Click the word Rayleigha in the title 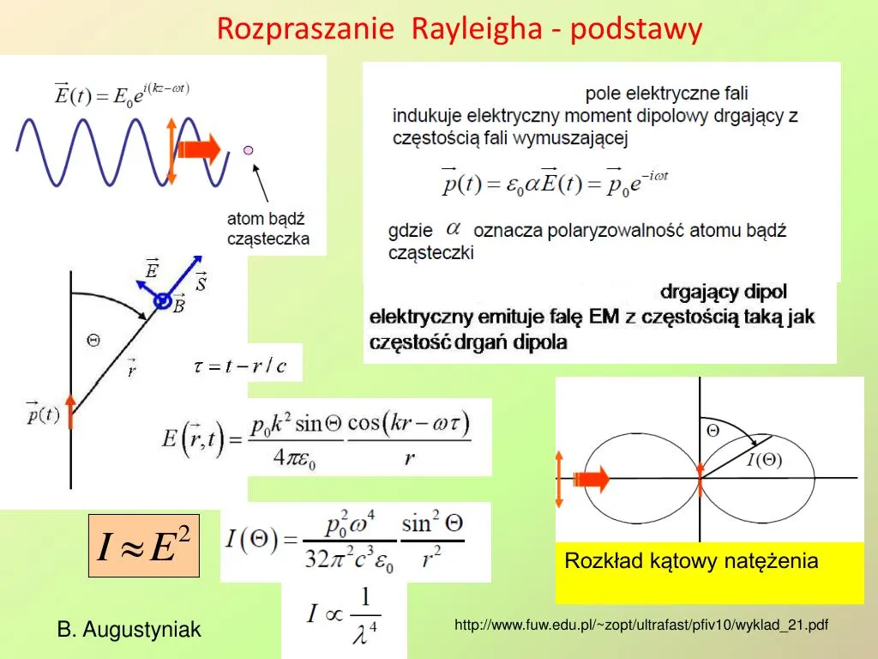[x=477, y=29]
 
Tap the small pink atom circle [x=249, y=150]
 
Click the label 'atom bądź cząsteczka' [x=268, y=229]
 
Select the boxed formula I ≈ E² [x=144, y=546]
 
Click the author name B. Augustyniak [x=129, y=630]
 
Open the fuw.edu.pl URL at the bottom [x=641, y=625]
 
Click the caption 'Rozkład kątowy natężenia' [x=691, y=561]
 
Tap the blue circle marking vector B [x=161, y=301]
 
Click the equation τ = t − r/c [x=240, y=366]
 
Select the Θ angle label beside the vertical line [x=93, y=340]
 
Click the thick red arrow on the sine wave [x=202, y=150]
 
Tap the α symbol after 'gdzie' [x=454, y=229]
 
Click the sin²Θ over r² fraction [x=432, y=541]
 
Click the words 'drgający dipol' [x=724, y=292]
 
